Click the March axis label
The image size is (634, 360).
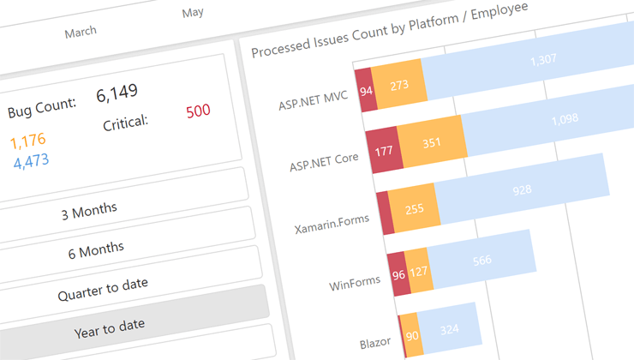pos(81,32)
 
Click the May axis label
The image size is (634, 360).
pos(193,13)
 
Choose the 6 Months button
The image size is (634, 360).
pos(96,249)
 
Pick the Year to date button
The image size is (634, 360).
pos(109,325)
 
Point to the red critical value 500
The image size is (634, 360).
pos(198,111)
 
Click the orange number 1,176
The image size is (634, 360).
pos(28,140)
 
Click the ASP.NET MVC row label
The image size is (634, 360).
pos(313,101)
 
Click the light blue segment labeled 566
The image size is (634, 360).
pos(481,261)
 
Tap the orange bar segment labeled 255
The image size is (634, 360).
pos(415,209)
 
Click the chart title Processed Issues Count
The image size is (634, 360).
pos(390,30)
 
